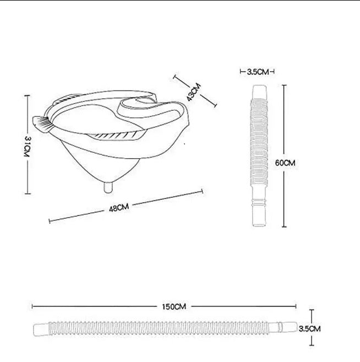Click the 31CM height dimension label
pyautogui.click(x=28, y=147)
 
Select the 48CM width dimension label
pyautogui.click(x=119, y=208)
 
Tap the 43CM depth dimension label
pyautogui.click(x=194, y=92)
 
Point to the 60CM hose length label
pyautogui.click(x=285, y=163)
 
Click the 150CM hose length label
pyautogui.click(x=174, y=307)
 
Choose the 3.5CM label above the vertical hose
pyautogui.click(x=258, y=72)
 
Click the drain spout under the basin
pyautogui.click(x=108, y=187)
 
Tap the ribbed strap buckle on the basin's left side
pyautogui.click(x=43, y=124)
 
